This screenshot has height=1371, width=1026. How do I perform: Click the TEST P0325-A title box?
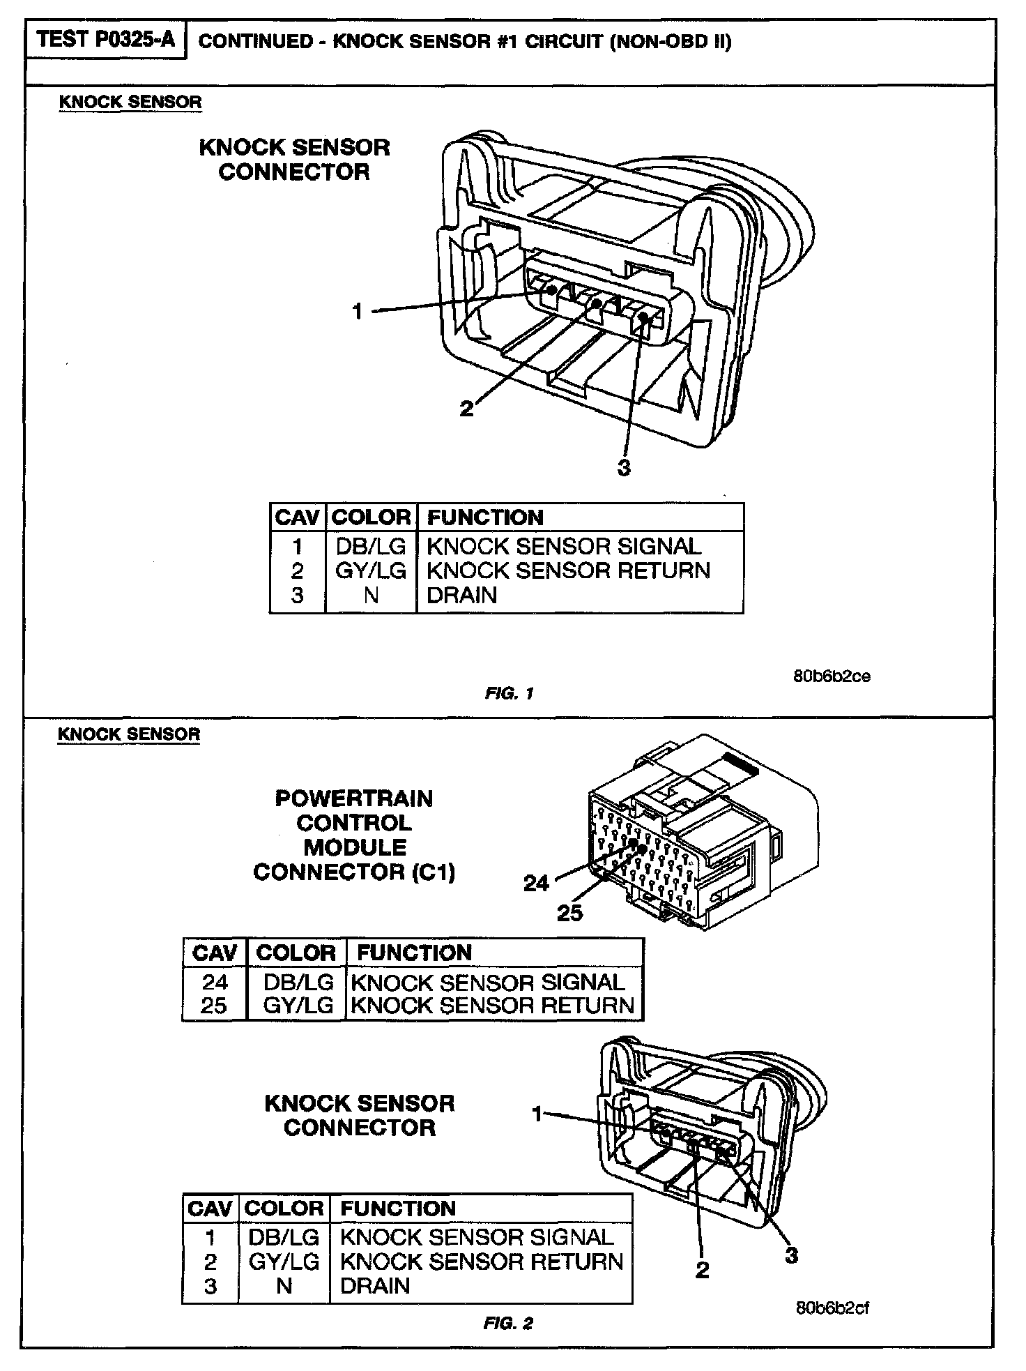(106, 40)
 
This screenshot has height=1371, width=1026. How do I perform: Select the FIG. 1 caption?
(509, 693)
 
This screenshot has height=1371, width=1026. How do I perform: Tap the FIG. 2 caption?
(508, 1323)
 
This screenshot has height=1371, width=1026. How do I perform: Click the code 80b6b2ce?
(832, 676)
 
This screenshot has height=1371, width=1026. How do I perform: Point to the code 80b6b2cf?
(832, 1308)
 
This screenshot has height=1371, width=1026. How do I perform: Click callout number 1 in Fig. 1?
(358, 311)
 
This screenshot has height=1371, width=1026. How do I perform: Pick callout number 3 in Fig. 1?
(624, 468)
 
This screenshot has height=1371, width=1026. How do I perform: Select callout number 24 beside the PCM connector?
(536, 884)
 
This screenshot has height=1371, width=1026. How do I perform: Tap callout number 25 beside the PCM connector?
(569, 912)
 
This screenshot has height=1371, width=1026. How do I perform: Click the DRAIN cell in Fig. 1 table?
(462, 595)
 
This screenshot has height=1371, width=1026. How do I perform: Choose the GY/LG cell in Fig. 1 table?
(371, 570)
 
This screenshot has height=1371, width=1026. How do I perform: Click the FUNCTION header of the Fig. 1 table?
(485, 517)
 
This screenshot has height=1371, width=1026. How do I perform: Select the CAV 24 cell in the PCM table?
(215, 982)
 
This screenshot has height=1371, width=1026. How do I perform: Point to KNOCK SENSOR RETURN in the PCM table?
(493, 1006)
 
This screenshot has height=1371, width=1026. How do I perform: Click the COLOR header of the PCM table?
(296, 953)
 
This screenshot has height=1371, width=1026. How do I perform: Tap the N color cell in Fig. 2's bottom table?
(284, 1285)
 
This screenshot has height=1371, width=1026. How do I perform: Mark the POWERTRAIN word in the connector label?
(354, 798)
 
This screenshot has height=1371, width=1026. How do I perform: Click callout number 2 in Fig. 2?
(702, 1269)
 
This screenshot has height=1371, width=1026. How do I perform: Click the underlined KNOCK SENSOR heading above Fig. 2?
(129, 734)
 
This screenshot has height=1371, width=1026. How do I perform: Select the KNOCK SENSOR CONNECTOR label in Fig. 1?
(294, 160)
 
